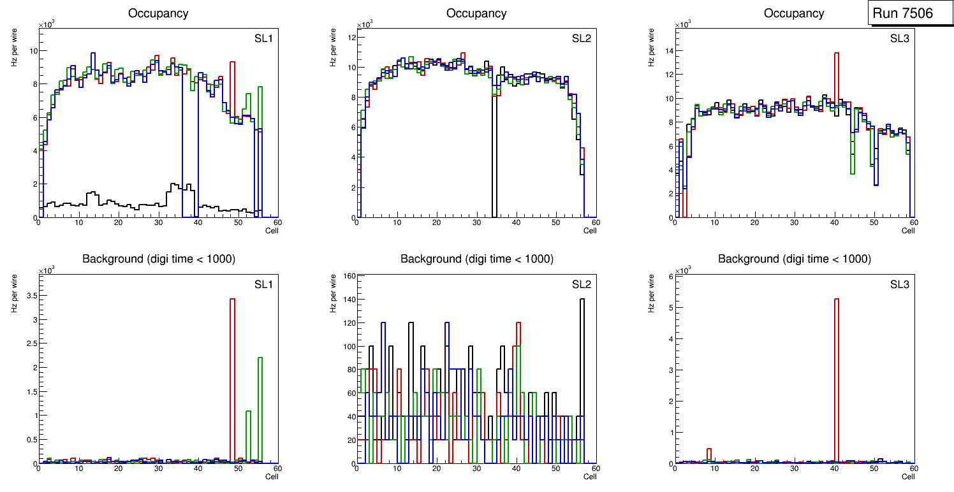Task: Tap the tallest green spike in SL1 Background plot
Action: (260, 408)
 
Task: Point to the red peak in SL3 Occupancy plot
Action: (836, 76)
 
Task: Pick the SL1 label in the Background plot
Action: (263, 284)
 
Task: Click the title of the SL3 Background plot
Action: (794, 259)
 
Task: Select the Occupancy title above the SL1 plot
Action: (158, 13)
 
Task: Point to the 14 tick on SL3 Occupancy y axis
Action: (668, 50)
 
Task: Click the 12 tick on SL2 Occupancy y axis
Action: (350, 38)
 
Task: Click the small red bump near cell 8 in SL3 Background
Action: (708, 454)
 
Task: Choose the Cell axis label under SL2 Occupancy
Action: (590, 231)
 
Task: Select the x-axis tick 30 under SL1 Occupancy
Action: (158, 222)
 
